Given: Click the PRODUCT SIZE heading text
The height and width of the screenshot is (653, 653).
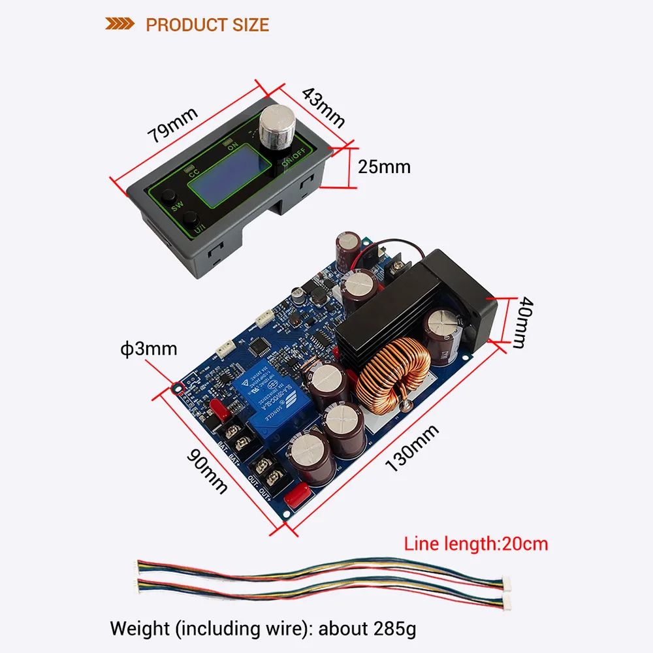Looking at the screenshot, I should (x=207, y=25).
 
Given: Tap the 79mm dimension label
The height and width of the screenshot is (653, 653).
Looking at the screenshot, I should (x=172, y=124).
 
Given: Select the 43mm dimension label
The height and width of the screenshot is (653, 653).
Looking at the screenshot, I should (x=323, y=106).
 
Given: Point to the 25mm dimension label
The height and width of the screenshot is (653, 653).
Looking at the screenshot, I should (x=384, y=167).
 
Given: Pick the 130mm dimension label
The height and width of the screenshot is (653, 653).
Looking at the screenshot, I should (x=412, y=447).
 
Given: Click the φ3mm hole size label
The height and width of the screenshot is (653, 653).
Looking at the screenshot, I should (x=150, y=349).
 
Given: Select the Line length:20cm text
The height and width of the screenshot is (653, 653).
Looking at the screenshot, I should (x=476, y=543).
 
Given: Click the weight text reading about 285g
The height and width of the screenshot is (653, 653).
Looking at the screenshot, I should (x=263, y=629).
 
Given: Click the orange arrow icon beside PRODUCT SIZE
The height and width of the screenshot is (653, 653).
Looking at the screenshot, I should (x=119, y=25).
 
